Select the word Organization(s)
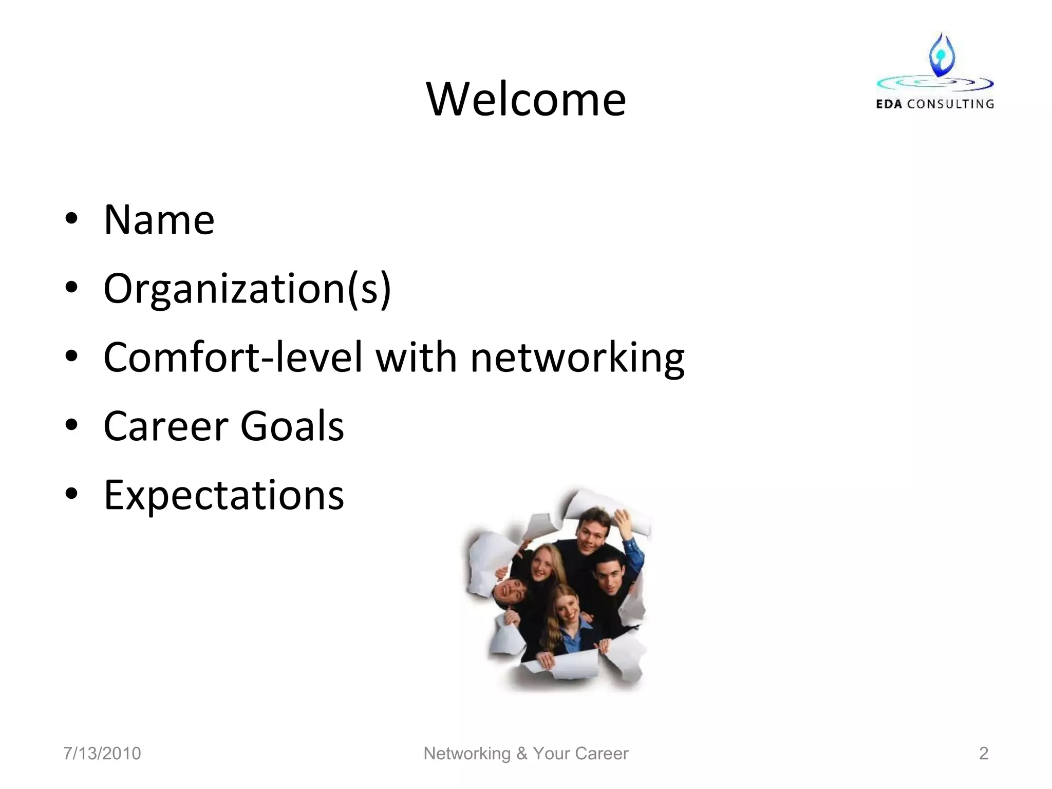[x=247, y=289]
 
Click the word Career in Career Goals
[x=165, y=426]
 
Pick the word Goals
[x=292, y=426]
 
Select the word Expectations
[x=223, y=495]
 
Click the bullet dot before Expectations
[x=71, y=494]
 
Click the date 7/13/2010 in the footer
[x=102, y=753]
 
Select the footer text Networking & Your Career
[x=525, y=753]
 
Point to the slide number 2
[x=983, y=753]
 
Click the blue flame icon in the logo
[x=942, y=55]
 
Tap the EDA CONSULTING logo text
[x=934, y=104]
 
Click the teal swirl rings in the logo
[x=934, y=82]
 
